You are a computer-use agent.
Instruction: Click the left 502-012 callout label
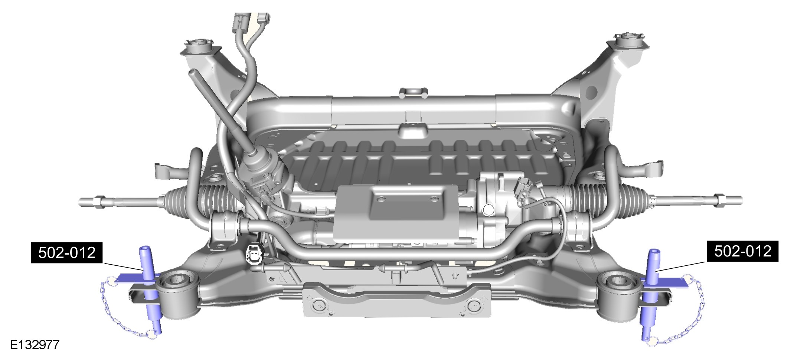[66, 253]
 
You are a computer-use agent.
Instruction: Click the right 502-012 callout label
[742, 251]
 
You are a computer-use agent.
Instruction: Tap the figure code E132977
[35, 345]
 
